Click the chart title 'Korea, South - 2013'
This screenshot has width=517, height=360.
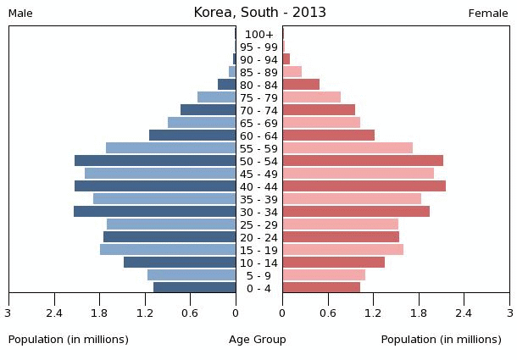pyautogui.click(x=259, y=13)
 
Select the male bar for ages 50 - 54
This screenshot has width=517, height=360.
pyautogui.click(x=155, y=161)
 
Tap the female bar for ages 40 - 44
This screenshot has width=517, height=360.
pyautogui.click(x=364, y=186)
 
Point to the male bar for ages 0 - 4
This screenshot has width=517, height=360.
pyautogui.click(x=195, y=288)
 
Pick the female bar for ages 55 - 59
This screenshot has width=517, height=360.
pyautogui.click(x=347, y=148)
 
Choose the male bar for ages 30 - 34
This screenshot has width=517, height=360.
pyautogui.click(x=154, y=212)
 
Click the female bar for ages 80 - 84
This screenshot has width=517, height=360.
pyautogui.click(x=301, y=85)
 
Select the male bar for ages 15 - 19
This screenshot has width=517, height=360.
pyautogui.click(x=168, y=250)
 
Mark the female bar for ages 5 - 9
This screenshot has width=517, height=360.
pyautogui.click(x=324, y=275)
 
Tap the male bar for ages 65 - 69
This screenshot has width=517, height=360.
pyautogui.click(x=202, y=123)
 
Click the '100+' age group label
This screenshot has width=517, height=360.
pyautogui.click(x=258, y=35)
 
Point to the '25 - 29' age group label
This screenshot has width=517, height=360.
pyautogui.click(x=258, y=225)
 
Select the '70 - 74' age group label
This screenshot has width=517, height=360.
pyautogui.click(x=258, y=111)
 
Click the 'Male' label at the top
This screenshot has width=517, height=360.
pyautogui.click(x=20, y=14)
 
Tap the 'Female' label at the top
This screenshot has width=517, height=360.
pyautogui.click(x=488, y=14)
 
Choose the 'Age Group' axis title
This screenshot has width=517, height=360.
pyautogui.click(x=258, y=340)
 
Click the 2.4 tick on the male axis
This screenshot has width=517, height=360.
pyautogui.click(x=55, y=313)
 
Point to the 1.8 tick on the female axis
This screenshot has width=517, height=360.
pyautogui.click(x=419, y=313)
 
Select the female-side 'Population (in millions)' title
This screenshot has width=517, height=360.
pyautogui.click(x=441, y=340)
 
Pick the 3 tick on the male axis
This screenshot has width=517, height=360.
pyautogui.click(x=8, y=313)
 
